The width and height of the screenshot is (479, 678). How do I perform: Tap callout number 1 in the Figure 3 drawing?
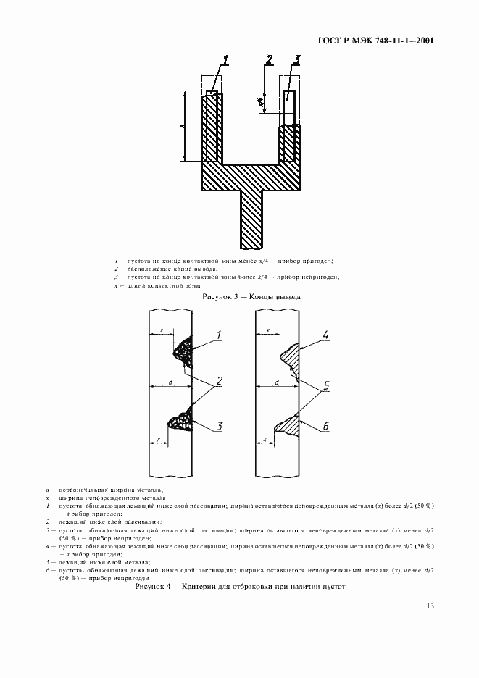[226, 62]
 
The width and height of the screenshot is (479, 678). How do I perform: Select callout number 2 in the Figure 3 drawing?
[269, 61]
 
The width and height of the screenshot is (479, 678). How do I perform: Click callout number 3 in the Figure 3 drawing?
[297, 61]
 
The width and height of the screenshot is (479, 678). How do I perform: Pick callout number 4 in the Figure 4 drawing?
[326, 335]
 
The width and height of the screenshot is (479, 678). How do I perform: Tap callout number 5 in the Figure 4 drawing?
[326, 386]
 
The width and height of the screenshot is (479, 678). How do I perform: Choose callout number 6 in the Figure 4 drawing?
[326, 427]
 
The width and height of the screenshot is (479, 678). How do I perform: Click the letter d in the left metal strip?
[169, 382]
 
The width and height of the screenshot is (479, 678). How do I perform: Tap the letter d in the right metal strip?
[278, 382]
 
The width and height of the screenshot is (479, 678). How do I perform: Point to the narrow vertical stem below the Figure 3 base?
[250, 217]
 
